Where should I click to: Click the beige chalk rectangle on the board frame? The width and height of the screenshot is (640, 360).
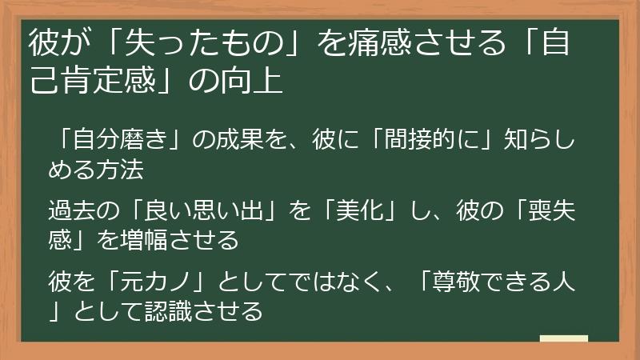(564, 338)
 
